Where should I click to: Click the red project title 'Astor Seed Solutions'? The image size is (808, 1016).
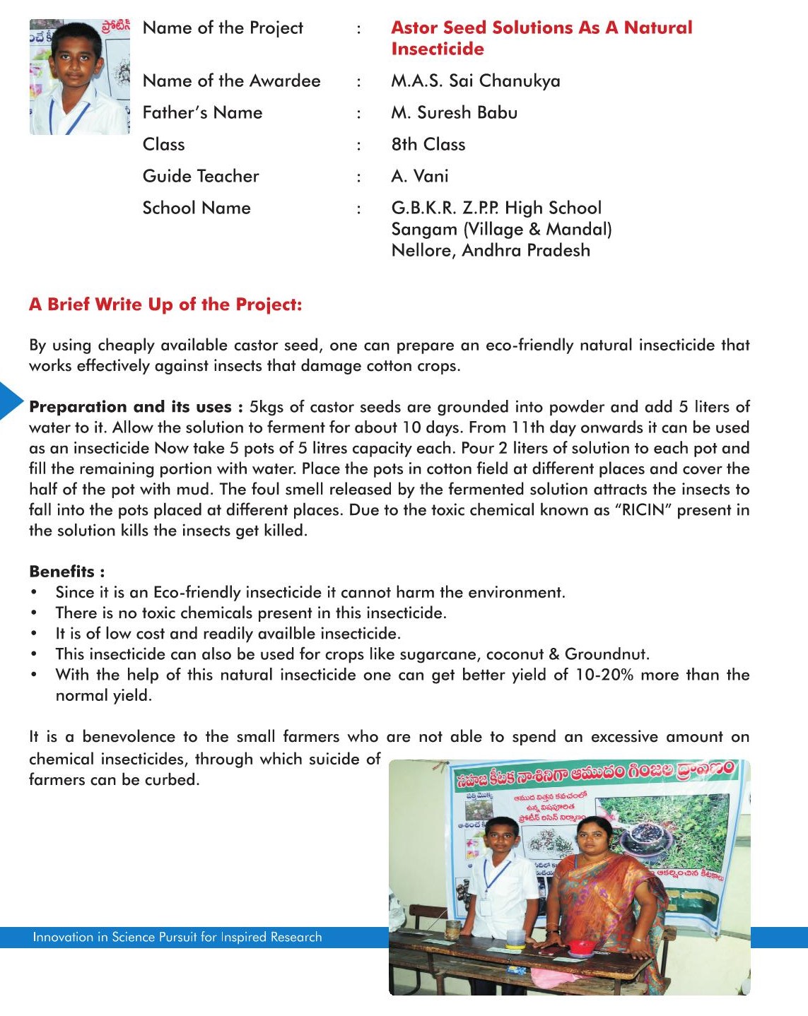tap(541, 28)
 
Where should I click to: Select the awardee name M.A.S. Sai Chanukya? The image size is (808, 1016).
tap(475, 81)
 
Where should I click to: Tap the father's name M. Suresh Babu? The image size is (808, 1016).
tap(454, 113)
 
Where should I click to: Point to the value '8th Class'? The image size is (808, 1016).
tap(428, 145)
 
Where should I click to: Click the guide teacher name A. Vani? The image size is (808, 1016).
tap(420, 177)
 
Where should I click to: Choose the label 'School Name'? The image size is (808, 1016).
tap(197, 208)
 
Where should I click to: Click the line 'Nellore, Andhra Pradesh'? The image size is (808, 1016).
tap(491, 251)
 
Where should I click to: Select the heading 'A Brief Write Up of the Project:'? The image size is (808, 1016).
tap(165, 305)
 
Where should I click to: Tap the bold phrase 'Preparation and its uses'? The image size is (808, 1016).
tap(131, 407)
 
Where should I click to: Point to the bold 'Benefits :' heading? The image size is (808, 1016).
tap(66, 572)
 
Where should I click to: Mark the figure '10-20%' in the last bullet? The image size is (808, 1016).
tap(604, 675)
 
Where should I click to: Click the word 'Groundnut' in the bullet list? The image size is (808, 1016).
tap(606, 654)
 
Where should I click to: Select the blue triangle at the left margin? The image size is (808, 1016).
tap(10, 400)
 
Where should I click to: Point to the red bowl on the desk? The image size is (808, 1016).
tap(581, 945)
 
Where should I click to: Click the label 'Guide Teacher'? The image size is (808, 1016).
tap(201, 177)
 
